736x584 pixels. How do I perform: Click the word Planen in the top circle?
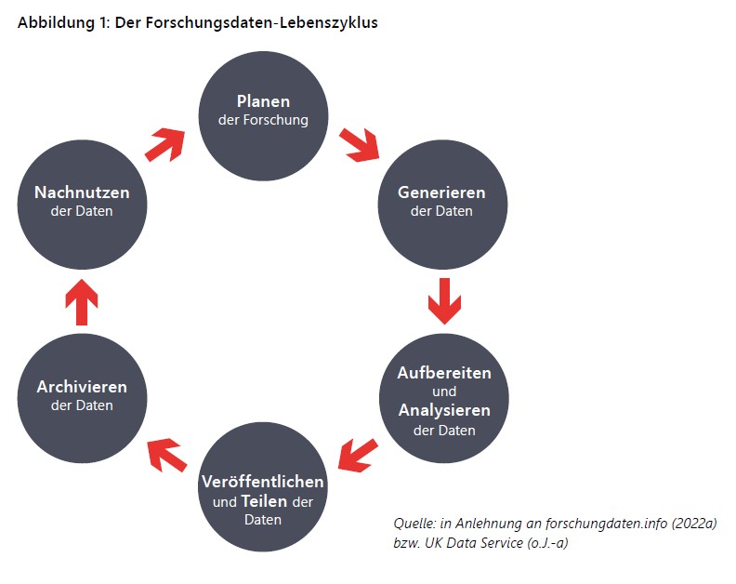point(263,101)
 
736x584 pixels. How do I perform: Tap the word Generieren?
point(441,192)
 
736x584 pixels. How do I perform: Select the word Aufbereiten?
point(444,373)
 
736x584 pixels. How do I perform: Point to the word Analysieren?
point(444,411)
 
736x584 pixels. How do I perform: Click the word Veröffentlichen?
point(263,482)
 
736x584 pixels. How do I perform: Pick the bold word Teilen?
point(264,501)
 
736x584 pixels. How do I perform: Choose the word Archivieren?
point(82,387)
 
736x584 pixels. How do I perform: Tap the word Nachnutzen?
point(82,192)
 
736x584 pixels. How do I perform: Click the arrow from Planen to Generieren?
point(359,145)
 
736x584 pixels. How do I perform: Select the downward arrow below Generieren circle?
point(444,301)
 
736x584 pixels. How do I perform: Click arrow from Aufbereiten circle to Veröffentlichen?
point(358,456)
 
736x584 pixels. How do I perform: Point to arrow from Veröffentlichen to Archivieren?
point(167,455)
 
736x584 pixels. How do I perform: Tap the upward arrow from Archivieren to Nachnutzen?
point(82,302)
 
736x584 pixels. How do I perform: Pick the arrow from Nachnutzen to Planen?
point(164,145)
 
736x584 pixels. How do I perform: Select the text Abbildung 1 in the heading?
point(63,22)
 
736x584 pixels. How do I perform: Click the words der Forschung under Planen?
point(263,120)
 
